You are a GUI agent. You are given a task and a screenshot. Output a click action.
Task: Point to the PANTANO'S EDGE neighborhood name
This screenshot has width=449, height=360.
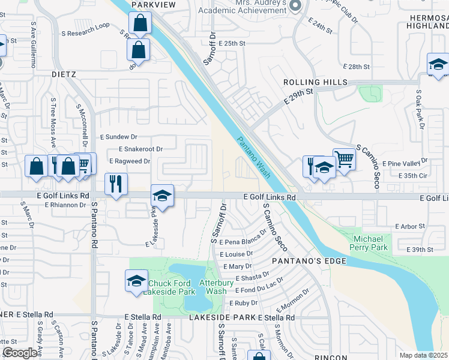tap(309, 261)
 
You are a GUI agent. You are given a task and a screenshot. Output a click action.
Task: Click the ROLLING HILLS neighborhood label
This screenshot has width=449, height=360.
tap(316, 82)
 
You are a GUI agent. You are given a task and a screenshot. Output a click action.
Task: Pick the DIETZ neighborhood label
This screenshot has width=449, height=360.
tap(63, 74)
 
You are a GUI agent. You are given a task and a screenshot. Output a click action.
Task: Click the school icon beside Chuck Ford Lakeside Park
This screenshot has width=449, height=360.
tap(136, 280)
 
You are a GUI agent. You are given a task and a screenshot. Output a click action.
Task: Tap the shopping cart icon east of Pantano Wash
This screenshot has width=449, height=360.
tap(344, 159)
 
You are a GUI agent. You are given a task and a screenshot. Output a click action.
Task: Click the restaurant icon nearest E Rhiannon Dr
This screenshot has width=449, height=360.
tap(114, 184)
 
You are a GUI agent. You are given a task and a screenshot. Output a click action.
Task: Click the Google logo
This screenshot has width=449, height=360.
tap(19, 353)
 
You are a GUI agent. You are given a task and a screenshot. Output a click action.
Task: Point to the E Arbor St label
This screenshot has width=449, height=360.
tap(410, 226)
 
